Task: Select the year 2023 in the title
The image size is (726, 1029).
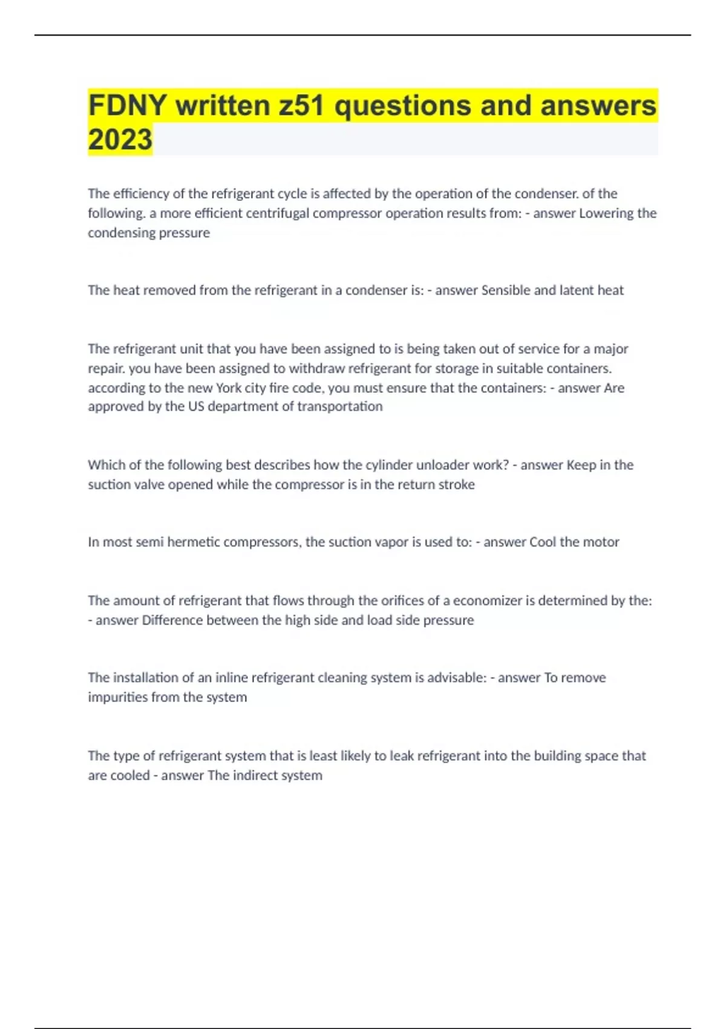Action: point(120,140)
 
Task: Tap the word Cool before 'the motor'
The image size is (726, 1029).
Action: point(543,542)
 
